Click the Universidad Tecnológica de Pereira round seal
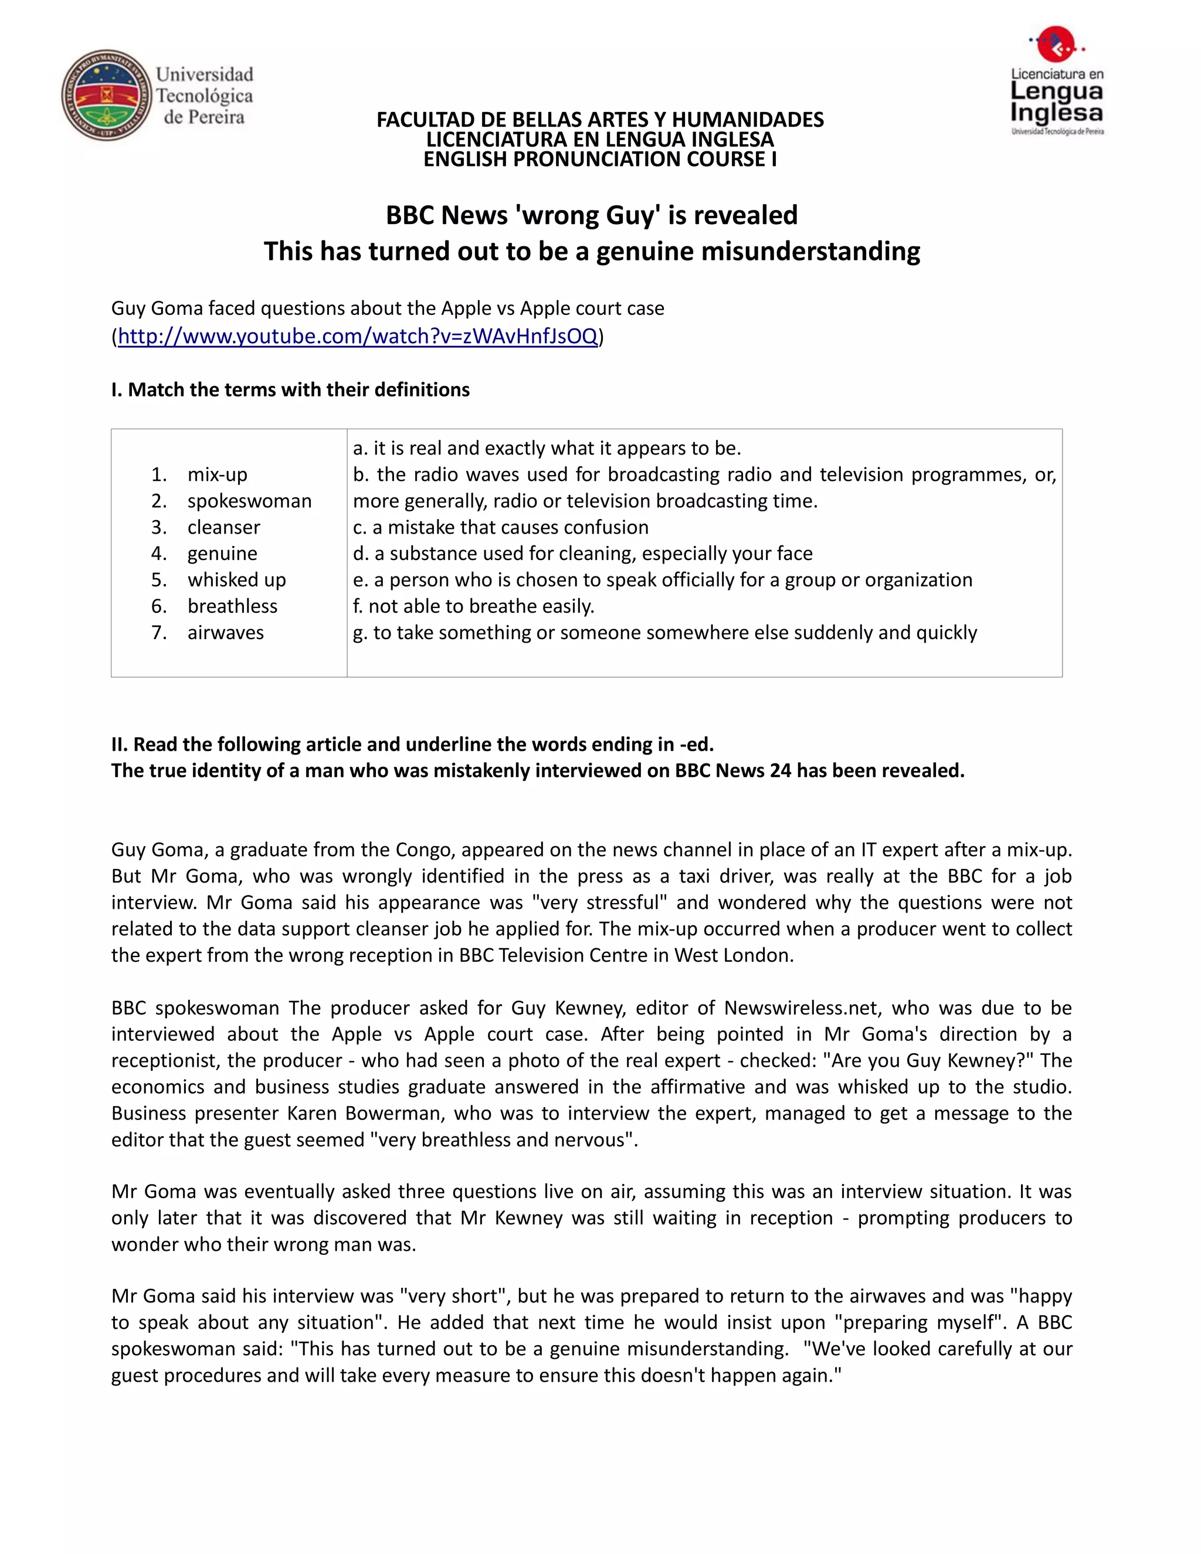point(107,94)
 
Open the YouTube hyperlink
point(357,336)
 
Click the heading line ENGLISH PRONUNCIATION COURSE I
point(600,160)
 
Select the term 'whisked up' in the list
point(236,580)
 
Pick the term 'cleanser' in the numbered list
point(223,527)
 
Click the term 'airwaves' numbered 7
point(226,633)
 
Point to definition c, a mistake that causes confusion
point(500,527)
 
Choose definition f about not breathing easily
point(473,606)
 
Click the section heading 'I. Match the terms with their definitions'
point(290,390)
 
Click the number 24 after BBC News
point(781,771)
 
